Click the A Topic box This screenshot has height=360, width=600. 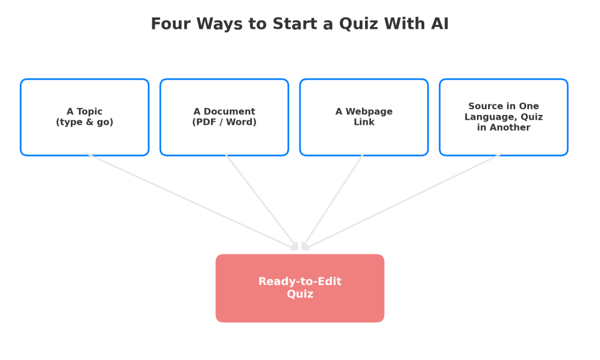84,117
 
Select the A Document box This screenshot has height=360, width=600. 224,117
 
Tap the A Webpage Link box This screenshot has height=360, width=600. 364,117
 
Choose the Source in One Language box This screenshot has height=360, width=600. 503,117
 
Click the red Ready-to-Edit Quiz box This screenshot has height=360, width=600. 300,288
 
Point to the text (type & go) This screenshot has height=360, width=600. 84,122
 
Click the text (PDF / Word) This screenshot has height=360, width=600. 224,122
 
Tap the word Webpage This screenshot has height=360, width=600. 369,112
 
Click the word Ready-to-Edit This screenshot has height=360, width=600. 300,282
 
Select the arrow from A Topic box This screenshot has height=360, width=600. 192,202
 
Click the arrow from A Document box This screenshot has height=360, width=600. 262,202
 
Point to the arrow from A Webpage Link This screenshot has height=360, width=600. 332,202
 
